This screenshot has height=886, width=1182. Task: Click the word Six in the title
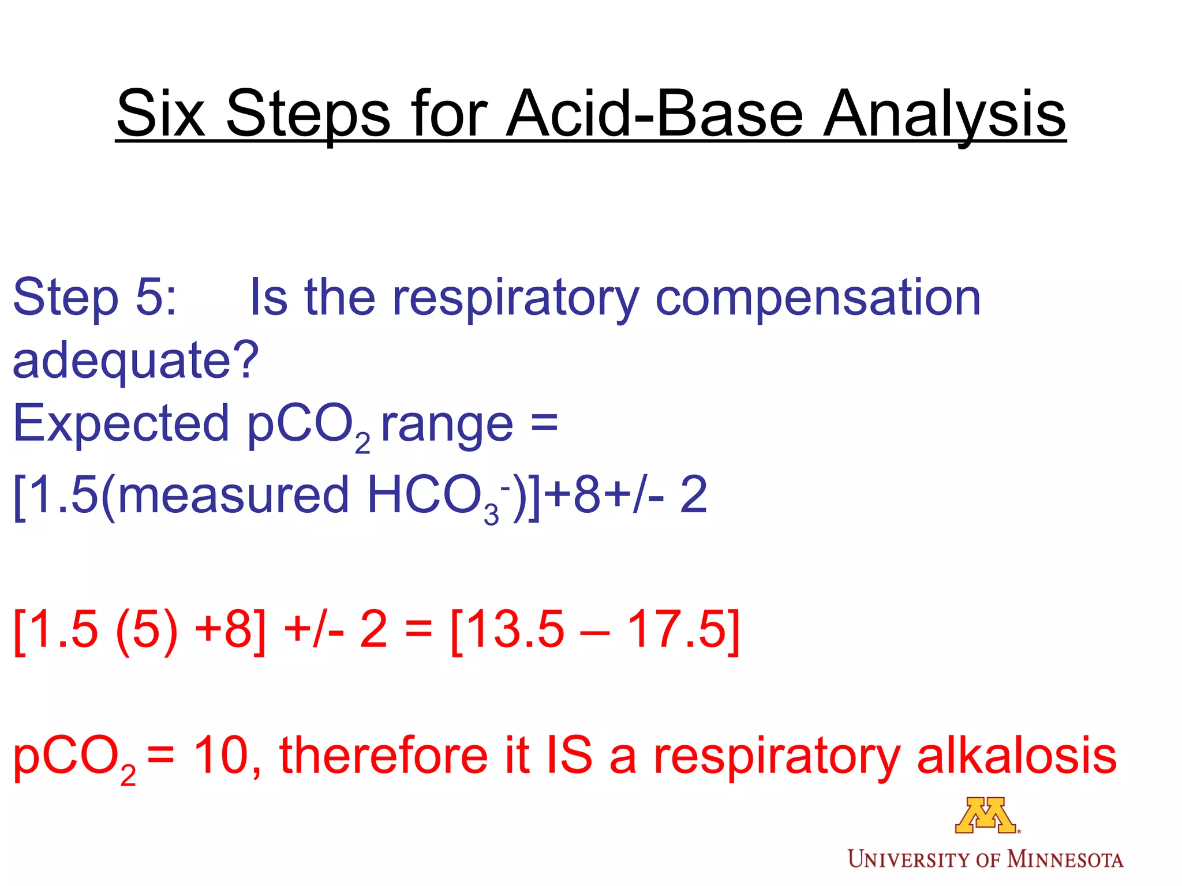pyautogui.click(x=160, y=114)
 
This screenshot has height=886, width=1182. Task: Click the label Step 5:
pyautogui.click(x=95, y=298)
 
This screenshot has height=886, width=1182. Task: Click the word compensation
pyautogui.click(x=818, y=299)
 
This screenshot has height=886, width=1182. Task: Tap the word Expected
pyautogui.click(x=121, y=425)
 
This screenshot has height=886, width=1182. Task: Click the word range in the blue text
pyautogui.click(x=447, y=426)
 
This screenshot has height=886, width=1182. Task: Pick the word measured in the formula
pyautogui.click(x=234, y=495)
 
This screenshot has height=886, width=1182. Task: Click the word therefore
pyautogui.click(x=384, y=755)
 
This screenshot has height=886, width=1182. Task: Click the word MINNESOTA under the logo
pyautogui.click(x=1065, y=860)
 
